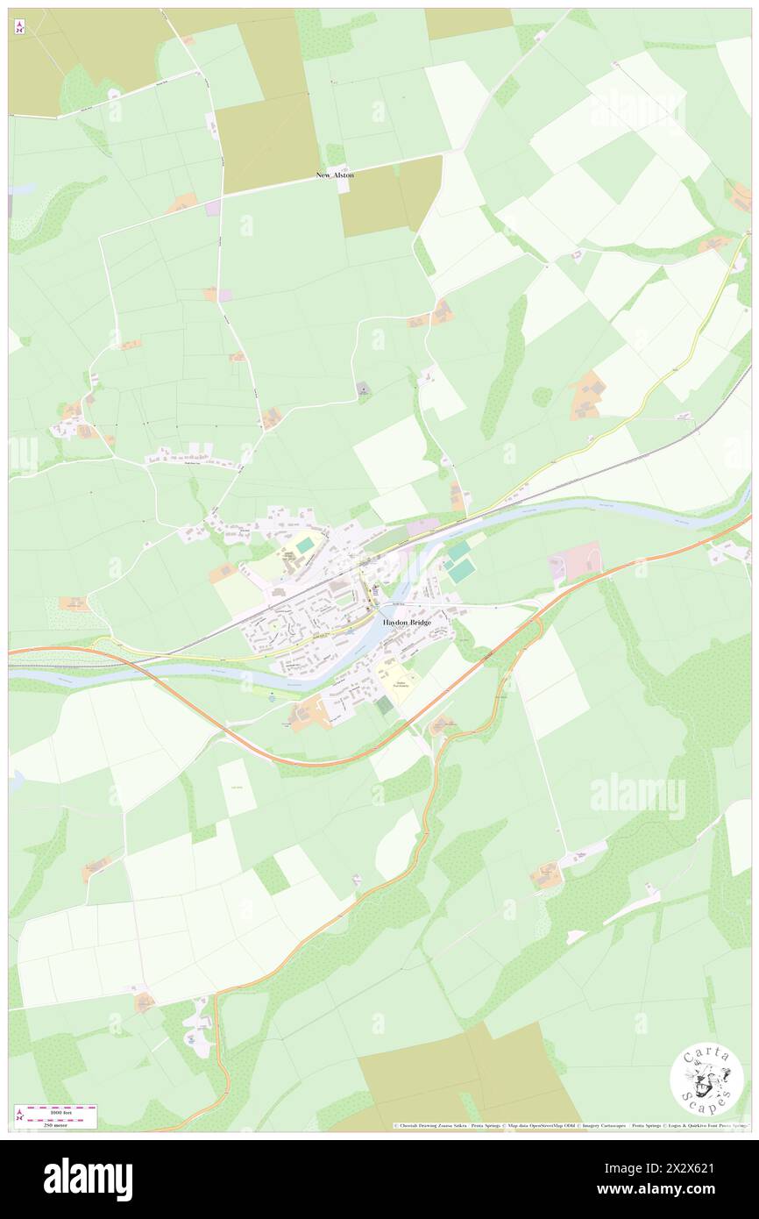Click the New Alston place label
click(335, 175)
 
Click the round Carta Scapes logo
click(706, 1080)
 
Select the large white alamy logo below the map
click(88, 1179)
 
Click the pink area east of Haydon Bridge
click(575, 562)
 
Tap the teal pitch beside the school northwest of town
click(303, 545)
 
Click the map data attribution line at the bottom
click(570, 1125)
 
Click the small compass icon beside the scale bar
click(20, 1114)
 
